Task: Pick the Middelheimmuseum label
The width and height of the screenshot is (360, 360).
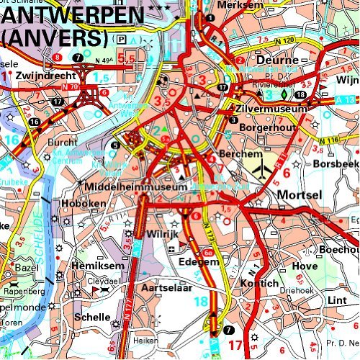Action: tap(135, 187)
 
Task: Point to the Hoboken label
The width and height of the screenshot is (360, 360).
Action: tap(87, 204)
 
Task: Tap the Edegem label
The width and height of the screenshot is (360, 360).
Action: tap(198, 262)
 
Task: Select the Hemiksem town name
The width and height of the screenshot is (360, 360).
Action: tap(94, 266)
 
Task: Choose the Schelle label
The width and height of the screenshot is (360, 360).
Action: tap(92, 316)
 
